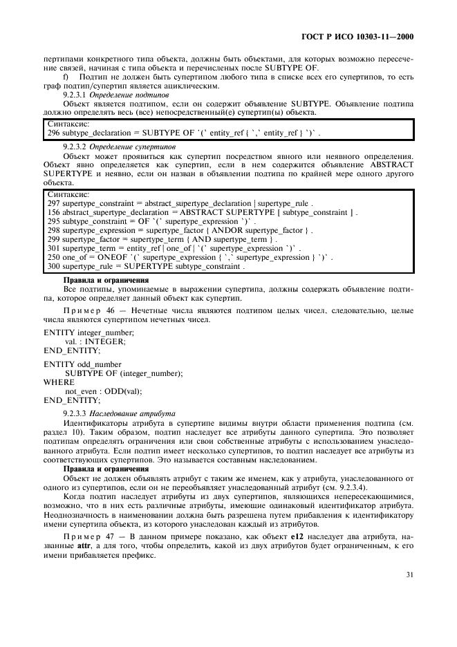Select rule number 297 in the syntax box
tap(53, 204)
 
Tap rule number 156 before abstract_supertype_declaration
tap(53, 213)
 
